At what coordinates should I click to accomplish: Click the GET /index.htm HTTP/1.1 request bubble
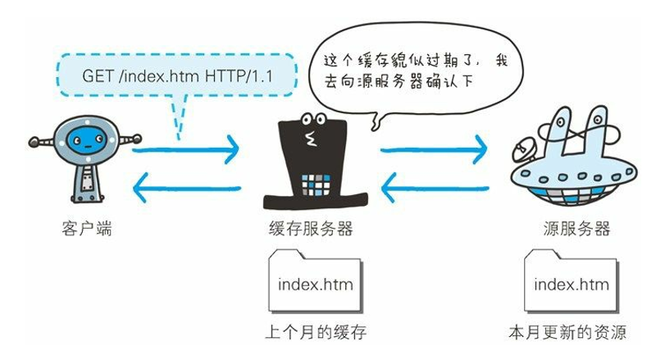point(176,75)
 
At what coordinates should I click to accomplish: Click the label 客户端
point(86,229)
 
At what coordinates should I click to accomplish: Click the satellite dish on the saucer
point(523,151)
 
